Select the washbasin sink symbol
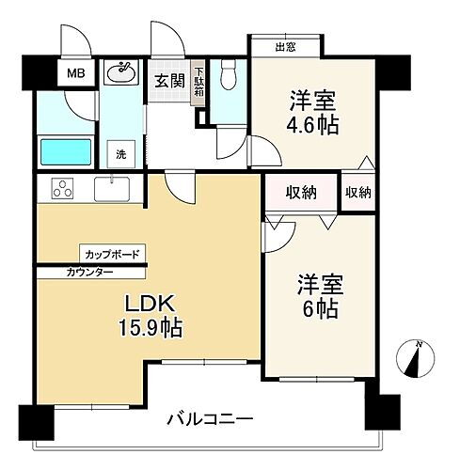coord(120,72)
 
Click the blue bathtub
coord(64,151)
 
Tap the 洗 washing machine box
coord(121,152)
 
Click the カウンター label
coord(90,272)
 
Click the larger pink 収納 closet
coord(301,193)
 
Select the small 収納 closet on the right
coord(357,193)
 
